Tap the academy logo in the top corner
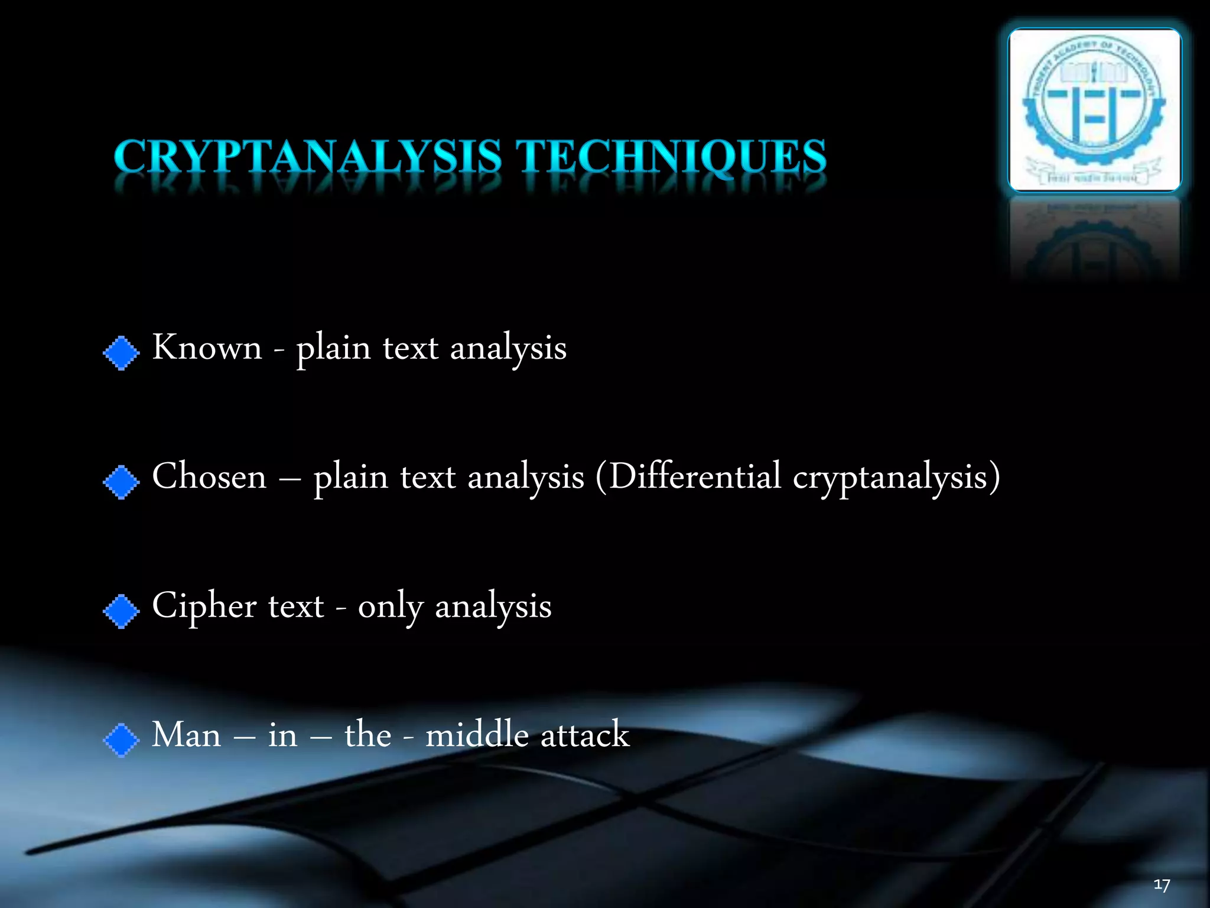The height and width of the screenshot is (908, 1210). point(1094,110)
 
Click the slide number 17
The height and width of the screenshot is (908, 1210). point(1162,885)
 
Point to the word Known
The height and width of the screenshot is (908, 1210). point(207,348)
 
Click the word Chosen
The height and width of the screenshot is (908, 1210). point(209,476)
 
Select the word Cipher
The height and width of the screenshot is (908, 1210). point(204,607)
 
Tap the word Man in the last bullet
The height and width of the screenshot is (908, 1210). point(186,735)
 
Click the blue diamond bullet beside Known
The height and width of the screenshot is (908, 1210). point(121,354)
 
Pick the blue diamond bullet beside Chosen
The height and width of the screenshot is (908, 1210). point(121,482)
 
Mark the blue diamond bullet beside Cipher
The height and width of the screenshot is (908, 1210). point(121,611)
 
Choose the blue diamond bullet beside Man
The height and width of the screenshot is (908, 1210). point(121,740)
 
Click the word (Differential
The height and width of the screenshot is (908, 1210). point(688,476)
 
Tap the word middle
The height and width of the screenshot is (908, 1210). point(477,735)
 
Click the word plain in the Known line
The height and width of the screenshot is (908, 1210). point(333,349)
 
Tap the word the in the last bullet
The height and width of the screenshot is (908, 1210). point(367,735)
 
